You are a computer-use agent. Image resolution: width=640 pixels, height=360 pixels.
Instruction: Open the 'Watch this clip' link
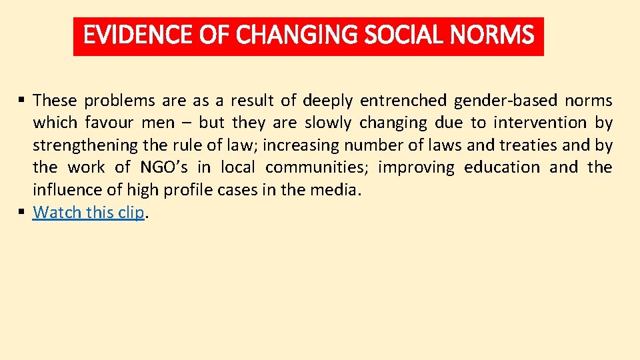[x=88, y=213]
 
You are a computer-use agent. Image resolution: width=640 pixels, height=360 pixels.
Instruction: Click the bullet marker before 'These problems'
[x=22, y=101]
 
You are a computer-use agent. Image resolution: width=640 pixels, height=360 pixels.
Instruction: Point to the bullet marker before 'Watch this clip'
[x=22, y=212]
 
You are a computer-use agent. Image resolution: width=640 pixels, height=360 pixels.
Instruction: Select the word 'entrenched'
[x=403, y=101]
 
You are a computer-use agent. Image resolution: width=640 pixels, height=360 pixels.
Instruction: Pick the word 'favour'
[x=109, y=123]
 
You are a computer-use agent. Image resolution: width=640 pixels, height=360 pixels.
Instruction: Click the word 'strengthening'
[x=85, y=145]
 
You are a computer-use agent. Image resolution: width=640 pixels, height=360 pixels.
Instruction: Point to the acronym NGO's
[x=164, y=167]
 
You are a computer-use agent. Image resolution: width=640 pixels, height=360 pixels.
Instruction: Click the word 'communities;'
[x=317, y=167]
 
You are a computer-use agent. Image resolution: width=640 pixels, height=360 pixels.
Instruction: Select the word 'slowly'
[x=327, y=123]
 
